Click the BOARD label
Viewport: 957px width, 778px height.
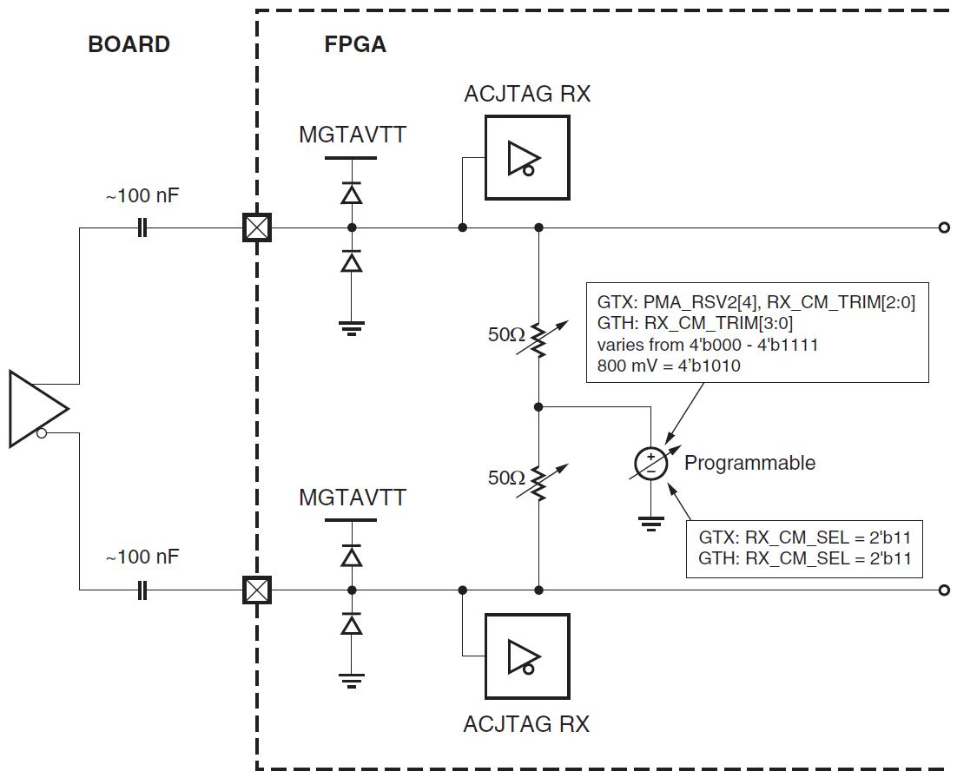point(129,45)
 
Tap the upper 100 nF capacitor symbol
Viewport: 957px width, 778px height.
point(142,228)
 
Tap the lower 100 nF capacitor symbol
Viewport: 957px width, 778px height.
point(142,591)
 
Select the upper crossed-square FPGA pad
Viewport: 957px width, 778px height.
point(255,228)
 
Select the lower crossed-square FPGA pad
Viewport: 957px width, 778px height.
point(255,591)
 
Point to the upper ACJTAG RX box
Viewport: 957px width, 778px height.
point(527,157)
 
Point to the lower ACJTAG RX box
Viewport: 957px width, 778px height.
point(527,656)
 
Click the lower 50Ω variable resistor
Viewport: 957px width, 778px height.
point(538,482)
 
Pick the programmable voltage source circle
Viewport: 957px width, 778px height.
point(650,464)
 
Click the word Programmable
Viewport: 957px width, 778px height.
point(749,463)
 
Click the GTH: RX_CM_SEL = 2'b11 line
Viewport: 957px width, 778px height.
point(804,558)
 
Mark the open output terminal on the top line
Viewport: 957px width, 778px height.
point(943,228)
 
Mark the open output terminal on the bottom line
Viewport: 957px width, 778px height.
point(943,591)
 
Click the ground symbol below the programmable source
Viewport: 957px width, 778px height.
point(650,523)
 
